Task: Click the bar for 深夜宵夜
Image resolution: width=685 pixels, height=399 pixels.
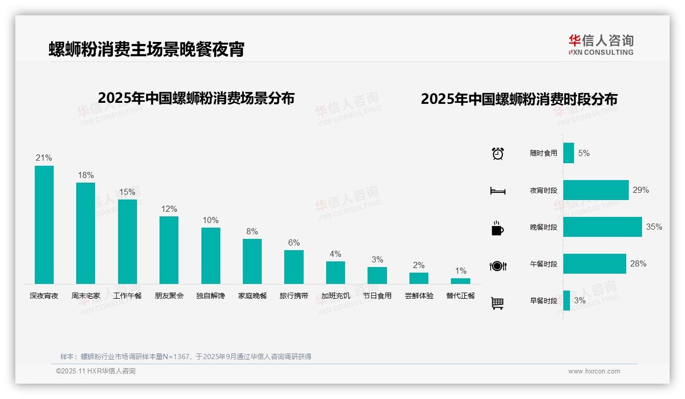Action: [x=44, y=225]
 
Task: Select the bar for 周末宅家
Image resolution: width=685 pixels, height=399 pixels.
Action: [x=85, y=233]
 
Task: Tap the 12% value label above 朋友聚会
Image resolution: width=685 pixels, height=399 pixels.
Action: [x=169, y=209]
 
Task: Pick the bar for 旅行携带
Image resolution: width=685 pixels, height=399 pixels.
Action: [x=294, y=267]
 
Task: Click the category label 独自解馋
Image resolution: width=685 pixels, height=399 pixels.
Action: [x=211, y=296]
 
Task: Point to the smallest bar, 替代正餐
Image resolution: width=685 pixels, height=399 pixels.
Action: [x=461, y=281]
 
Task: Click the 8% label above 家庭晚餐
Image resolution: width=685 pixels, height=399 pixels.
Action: [x=252, y=231]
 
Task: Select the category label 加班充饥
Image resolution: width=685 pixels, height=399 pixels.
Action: [x=336, y=296]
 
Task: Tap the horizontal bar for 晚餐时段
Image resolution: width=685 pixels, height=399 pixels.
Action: [x=602, y=227]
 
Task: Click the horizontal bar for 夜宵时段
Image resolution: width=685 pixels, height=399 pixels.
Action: [x=596, y=190]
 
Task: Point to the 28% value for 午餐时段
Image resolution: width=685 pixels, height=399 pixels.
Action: [x=638, y=263]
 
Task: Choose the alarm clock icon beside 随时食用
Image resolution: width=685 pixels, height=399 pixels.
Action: [x=497, y=153]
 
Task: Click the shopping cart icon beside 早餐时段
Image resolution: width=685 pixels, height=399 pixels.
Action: [x=497, y=303]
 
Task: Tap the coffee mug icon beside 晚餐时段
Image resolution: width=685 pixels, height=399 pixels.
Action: [x=497, y=228]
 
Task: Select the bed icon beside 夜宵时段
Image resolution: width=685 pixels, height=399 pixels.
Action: [x=497, y=191]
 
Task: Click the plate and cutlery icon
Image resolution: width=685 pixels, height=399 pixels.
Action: [x=497, y=265]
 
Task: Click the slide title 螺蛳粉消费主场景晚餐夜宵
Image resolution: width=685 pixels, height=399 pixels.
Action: [x=147, y=49]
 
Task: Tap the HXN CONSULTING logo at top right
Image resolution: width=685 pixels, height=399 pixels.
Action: [x=601, y=45]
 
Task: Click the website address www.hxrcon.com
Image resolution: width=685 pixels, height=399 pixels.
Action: [x=594, y=371]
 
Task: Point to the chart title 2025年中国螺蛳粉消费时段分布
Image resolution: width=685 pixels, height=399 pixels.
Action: [x=519, y=99]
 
